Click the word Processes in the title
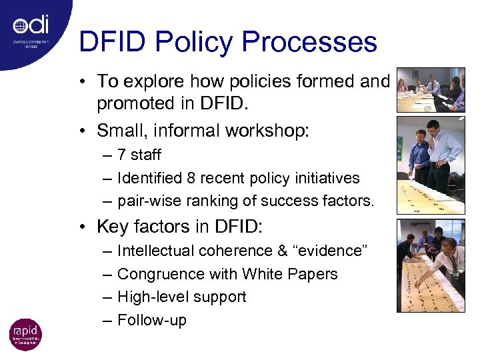click(x=310, y=41)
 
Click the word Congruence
click(x=157, y=274)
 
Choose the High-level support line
click(x=181, y=297)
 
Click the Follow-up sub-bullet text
click(x=152, y=320)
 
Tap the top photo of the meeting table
click(x=430, y=89)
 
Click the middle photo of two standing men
click(x=430, y=164)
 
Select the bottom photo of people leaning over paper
click(x=430, y=265)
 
